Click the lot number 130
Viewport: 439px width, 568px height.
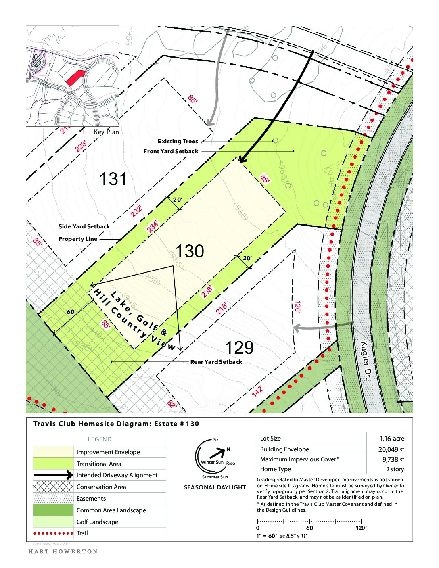pyautogui.click(x=190, y=251)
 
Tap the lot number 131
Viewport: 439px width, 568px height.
pyautogui.click(x=113, y=179)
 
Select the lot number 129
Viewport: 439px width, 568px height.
pyautogui.click(x=239, y=347)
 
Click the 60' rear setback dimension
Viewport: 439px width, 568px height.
pyautogui.click(x=71, y=312)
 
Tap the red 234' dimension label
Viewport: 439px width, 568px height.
pyautogui.click(x=153, y=226)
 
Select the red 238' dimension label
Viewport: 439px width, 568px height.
pyautogui.click(x=207, y=291)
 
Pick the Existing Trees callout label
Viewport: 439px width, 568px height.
pyautogui.click(x=178, y=141)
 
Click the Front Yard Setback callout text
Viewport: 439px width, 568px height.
pyautogui.click(x=171, y=151)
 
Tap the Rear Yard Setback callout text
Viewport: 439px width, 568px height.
pyautogui.click(x=216, y=362)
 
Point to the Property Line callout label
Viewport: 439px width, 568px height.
pyautogui.click(x=78, y=239)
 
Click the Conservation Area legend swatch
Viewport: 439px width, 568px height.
pyautogui.click(x=53, y=487)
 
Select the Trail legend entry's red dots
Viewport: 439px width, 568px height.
pyautogui.click(x=53, y=533)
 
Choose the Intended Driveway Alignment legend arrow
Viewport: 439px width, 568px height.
pyautogui.click(x=53, y=475)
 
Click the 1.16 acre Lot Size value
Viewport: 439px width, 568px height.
pyautogui.click(x=391, y=439)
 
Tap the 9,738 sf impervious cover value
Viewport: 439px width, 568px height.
pyautogui.click(x=393, y=459)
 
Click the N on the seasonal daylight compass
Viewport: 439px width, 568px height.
pyautogui.click(x=228, y=449)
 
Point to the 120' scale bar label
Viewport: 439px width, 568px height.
pyautogui.click(x=361, y=528)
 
